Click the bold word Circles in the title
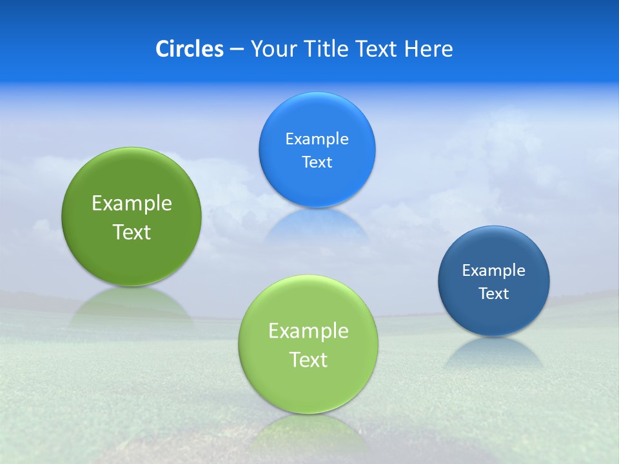click(189, 49)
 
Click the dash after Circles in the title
click(236, 50)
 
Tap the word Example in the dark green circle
click(132, 204)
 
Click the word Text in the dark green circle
click(132, 232)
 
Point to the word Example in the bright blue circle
click(317, 139)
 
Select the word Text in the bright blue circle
click(317, 162)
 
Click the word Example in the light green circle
click(308, 331)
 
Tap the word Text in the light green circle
click(308, 360)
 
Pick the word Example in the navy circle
click(493, 271)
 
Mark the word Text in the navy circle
click(493, 294)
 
